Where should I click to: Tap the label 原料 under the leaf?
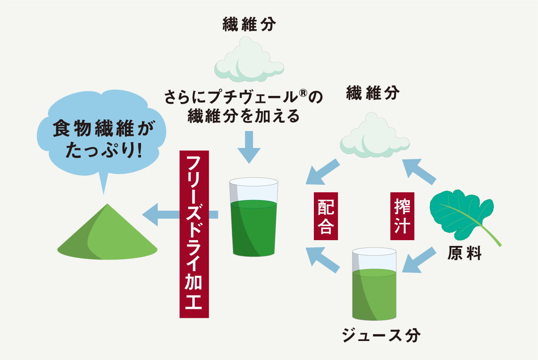click(464, 253)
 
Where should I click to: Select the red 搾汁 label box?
click(400, 216)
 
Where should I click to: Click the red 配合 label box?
click(326, 216)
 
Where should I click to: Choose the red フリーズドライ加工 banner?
click(194, 234)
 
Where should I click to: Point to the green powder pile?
click(108, 236)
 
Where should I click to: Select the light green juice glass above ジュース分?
click(374, 285)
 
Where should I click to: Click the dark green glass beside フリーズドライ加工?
click(253, 219)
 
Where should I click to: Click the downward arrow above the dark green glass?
click(249, 146)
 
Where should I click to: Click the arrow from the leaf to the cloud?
click(419, 170)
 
